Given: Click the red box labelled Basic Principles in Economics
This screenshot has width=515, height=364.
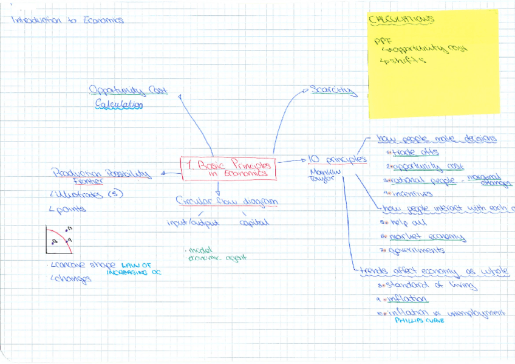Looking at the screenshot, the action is coord(228,168).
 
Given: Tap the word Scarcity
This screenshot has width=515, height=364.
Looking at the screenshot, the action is coord(332,91).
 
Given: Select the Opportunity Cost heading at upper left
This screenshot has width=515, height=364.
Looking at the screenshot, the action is coord(128,91).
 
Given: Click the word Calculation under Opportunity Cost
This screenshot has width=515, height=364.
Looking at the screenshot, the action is coord(119,105).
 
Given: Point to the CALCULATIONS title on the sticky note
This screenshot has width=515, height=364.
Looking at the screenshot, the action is coord(401,20).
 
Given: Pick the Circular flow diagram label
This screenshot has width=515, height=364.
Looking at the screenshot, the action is coord(227,201).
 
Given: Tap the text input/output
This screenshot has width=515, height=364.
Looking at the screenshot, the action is coord(193,222).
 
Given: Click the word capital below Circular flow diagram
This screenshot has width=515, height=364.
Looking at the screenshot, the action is coord(254,222).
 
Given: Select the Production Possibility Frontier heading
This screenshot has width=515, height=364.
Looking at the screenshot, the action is coord(101,175).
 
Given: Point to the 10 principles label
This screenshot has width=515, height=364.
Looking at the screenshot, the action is coord(337,159).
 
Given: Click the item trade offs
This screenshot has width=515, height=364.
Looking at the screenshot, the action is coord(415,152).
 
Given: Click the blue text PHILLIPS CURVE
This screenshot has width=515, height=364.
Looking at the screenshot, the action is coord(419,320).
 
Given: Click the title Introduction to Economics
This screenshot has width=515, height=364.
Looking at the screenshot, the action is coord(67,19).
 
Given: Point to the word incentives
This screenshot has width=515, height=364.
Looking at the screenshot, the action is coord(411,194).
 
